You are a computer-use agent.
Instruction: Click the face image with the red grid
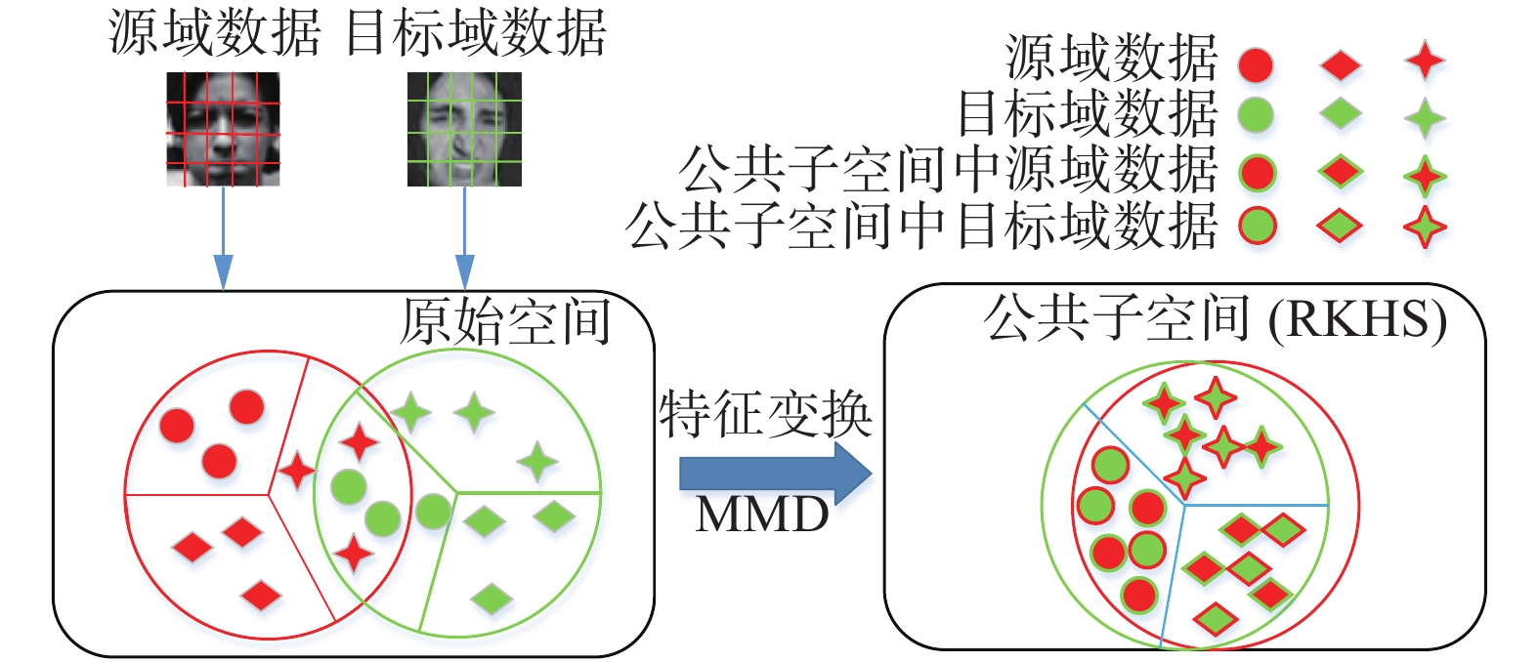pos(223,129)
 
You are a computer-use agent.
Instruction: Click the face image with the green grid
pos(464,129)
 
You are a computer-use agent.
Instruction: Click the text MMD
pos(762,515)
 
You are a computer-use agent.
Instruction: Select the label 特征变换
pos(765,415)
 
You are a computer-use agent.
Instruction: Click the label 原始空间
pos(505,321)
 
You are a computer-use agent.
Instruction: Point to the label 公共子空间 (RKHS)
pos(1215,318)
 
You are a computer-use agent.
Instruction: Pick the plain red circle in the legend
pos(1256,65)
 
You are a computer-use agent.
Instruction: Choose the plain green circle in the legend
pos(1256,116)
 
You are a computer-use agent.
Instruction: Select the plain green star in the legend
pos(1425,118)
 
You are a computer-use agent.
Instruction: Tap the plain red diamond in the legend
pos(1341,65)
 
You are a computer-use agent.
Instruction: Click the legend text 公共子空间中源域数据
pos(948,171)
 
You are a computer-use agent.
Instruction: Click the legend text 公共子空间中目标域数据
pos(921,226)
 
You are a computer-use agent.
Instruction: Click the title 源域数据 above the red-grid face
pos(214,33)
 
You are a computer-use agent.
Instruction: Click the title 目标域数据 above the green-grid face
pos(476,33)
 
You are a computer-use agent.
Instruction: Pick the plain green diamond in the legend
pos(1341,114)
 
